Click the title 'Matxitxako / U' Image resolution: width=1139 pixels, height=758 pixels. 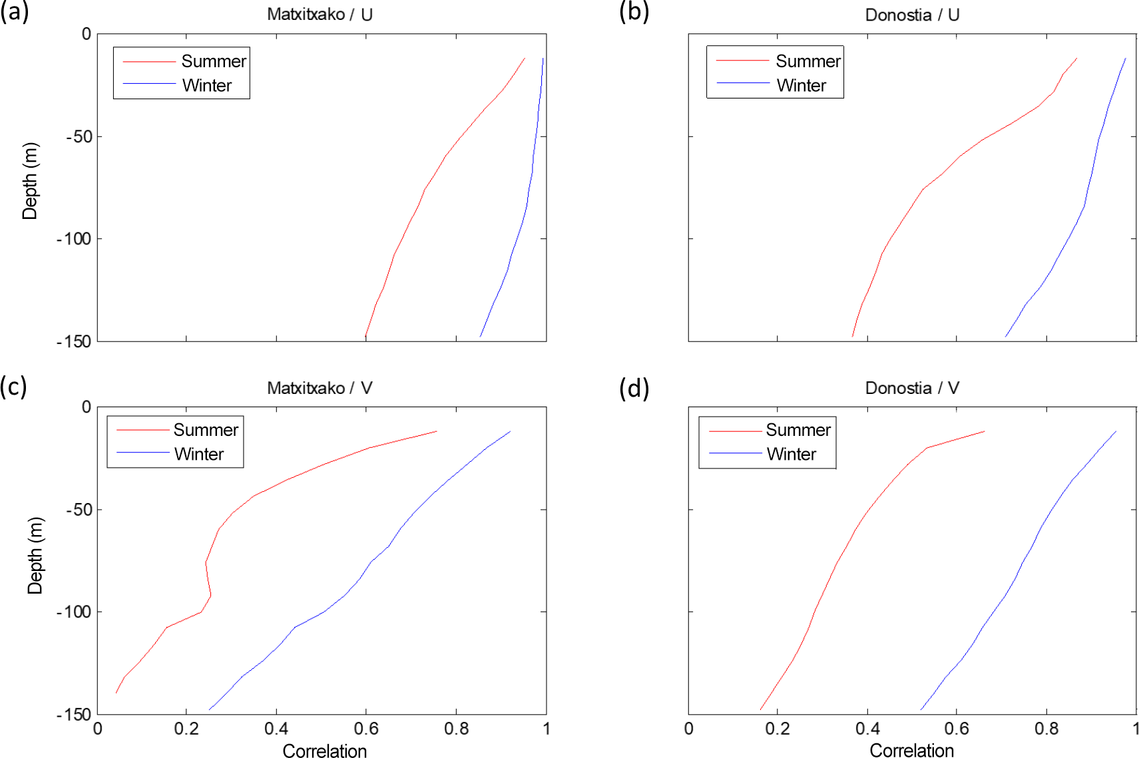(x=320, y=15)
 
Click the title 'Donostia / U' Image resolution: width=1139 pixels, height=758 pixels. (x=912, y=15)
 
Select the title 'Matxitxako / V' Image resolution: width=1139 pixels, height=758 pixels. (x=320, y=388)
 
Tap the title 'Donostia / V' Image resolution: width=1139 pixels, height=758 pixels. (x=912, y=388)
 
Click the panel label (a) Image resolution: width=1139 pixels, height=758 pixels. (x=15, y=12)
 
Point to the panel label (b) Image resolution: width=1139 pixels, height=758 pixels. (x=634, y=12)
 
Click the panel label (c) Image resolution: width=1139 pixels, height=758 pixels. (x=14, y=387)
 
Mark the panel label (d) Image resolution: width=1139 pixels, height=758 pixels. (x=634, y=388)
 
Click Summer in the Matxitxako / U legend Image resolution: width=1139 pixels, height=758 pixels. (x=213, y=61)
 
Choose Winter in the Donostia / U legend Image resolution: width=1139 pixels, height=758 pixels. (x=801, y=85)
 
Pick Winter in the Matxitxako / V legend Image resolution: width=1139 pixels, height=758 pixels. (x=198, y=454)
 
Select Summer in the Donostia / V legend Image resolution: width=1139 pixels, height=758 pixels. (x=797, y=430)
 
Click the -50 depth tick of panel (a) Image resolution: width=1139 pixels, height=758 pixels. (x=79, y=136)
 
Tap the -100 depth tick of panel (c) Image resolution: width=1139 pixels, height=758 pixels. (x=74, y=612)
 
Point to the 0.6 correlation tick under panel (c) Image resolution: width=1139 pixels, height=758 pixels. (x=366, y=729)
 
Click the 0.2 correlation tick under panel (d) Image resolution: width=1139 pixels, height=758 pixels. (x=778, y=729)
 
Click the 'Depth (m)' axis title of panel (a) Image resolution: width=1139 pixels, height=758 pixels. (x=31, y=181)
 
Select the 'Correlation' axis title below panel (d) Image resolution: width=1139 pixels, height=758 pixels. (x=911, y=751)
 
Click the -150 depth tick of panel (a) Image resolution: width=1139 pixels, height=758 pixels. (x=74, y=341)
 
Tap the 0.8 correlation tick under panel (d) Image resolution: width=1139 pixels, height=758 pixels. (x=1046, y=729)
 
